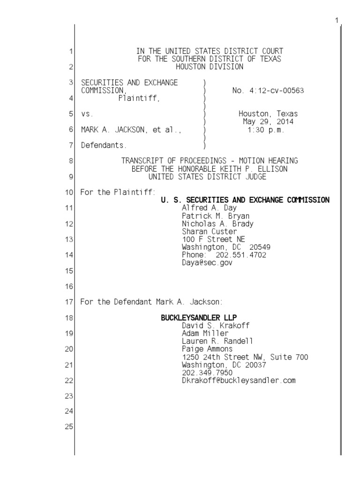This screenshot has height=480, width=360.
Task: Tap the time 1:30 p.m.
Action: point(266,130)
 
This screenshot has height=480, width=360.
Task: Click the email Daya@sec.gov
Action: point(207,262)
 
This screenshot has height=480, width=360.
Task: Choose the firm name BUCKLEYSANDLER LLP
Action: point(199,317)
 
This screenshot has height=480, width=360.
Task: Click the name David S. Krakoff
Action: point(210,325)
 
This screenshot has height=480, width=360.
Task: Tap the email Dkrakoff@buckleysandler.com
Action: point(239,380)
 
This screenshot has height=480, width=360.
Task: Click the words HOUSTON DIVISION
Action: point(210,67)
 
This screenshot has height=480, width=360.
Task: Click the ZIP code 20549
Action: point(260,247)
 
